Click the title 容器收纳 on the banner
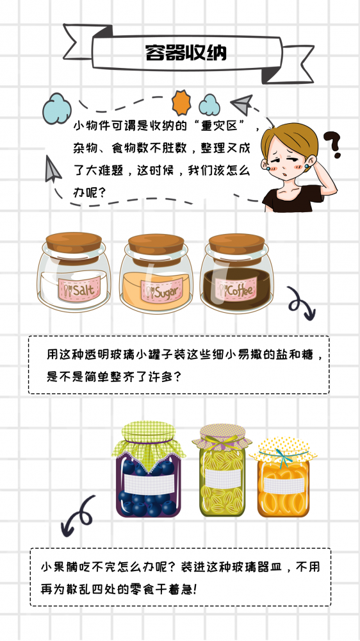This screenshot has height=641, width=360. coord(186,53)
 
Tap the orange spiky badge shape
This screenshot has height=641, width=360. coord(182,103)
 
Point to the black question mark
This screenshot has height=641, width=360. coord(332,144)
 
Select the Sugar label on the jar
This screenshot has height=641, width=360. coord(162,291)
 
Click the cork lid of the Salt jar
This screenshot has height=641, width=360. coord(74,244)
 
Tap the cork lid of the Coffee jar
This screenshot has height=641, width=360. coord(236,244)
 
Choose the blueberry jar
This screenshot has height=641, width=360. coord(148,470)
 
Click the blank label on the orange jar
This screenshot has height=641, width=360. coord(284,485)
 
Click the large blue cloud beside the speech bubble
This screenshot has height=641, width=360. coord(57,108)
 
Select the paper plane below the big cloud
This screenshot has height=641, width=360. coord(53,170)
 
